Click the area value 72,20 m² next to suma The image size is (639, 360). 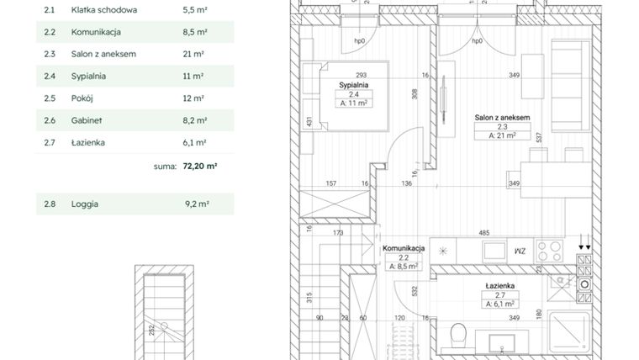click(x=199, y=167)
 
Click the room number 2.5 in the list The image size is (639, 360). click(x=50, y=98)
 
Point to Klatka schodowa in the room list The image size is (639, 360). click(x=104, y=10)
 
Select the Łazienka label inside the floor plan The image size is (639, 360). click(x=500, y=287)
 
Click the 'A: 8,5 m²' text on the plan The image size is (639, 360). click(x=404, y=267)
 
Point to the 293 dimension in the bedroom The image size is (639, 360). click(x=362, y=75)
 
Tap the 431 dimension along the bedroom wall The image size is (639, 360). click(x=310, y=124)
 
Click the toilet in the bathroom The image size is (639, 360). click(x=458, y=337)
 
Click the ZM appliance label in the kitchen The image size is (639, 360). click(x=520, y=251)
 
